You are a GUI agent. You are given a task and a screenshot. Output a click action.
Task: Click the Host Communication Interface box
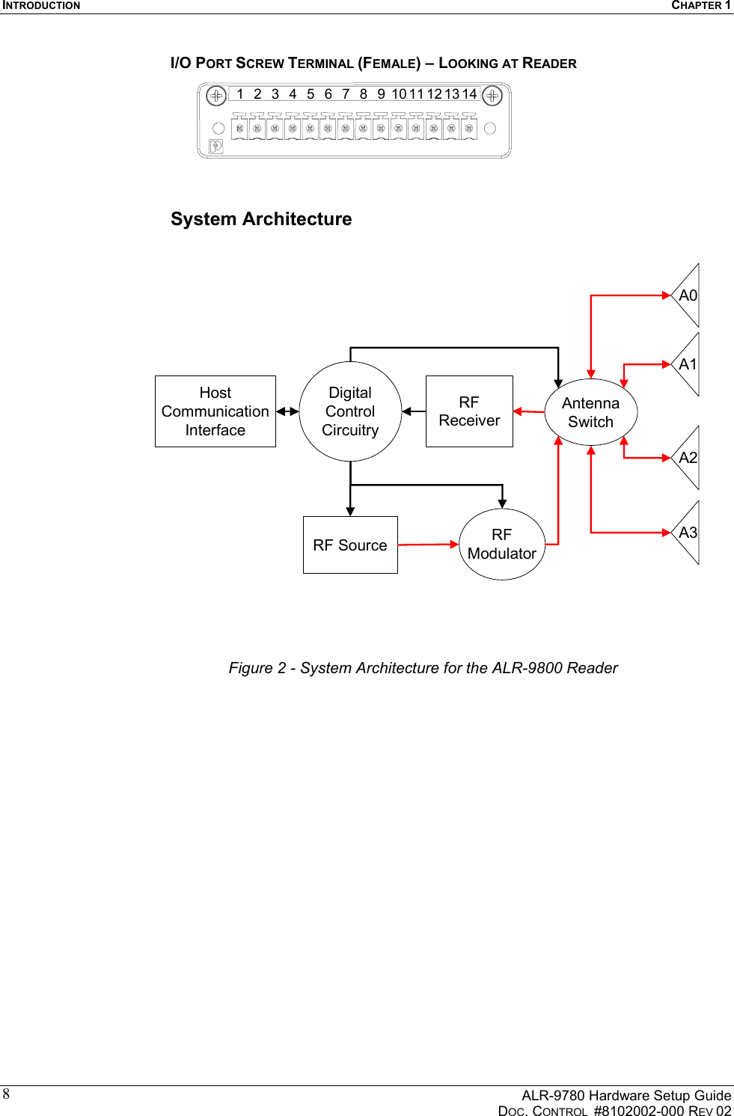tap(215, 411)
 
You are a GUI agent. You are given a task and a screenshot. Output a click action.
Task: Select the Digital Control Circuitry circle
tap(350, 411)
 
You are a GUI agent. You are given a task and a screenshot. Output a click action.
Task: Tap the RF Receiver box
tap(469, 411)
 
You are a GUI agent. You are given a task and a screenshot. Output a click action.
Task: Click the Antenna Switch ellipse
tap(590, 412)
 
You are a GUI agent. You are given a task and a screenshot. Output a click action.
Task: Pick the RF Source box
tap(350, 545)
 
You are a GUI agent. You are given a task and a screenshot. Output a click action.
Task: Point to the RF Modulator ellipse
tap(502, 545)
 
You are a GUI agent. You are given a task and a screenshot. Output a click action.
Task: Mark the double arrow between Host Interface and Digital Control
tap(287, 411)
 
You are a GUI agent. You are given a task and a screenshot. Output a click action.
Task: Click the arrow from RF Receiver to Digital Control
tap(413, 411)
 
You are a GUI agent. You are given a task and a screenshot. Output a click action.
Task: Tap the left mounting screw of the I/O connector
tap(216, 96)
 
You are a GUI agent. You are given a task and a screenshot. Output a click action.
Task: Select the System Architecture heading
tap(261, 219)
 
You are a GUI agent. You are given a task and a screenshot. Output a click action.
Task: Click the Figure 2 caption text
tap(423, 668)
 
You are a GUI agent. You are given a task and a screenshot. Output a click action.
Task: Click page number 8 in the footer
tap(6, 1094)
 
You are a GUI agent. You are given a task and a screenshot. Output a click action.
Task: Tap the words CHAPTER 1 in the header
tap(700, 5)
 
